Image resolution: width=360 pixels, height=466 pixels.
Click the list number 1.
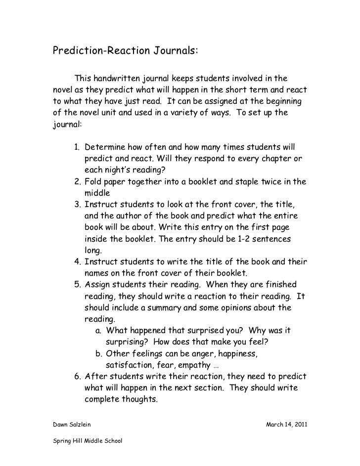coord(77,148)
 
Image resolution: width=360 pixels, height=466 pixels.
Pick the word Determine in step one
coord(105,148)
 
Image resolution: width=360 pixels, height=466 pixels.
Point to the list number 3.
coord(77,204)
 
